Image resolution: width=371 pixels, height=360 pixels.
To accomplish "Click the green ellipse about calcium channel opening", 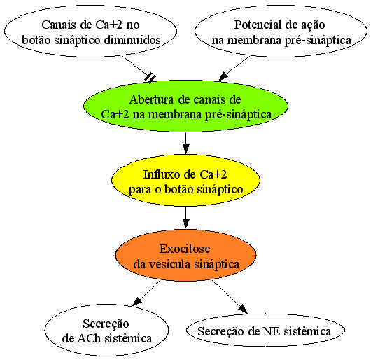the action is (x=185, y=106).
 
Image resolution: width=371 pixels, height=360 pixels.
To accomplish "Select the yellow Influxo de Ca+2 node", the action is (x=185, y=181).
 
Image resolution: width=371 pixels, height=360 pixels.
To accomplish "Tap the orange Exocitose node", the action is (x=185, y=255).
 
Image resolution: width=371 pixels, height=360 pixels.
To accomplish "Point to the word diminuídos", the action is (x=132, y=40).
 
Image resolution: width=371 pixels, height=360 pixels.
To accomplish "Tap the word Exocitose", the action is (x=185, y=249).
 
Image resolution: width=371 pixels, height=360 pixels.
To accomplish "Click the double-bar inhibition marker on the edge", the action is (x=150, y=78).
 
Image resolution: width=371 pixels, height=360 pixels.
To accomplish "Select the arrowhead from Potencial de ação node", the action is (x=223, y=76).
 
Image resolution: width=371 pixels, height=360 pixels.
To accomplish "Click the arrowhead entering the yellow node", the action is (x=186, y=149).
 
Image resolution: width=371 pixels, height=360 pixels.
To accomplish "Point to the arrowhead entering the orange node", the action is (x=186, y=223).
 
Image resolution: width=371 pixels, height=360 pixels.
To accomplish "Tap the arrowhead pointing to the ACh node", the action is (x=137, y=301).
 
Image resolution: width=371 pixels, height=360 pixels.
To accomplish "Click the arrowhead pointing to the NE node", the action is (x=243, y=309).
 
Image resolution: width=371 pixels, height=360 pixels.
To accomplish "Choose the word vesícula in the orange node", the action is (x=169, y=264).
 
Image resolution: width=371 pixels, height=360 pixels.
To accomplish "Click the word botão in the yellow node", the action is (x=179, y=189).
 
